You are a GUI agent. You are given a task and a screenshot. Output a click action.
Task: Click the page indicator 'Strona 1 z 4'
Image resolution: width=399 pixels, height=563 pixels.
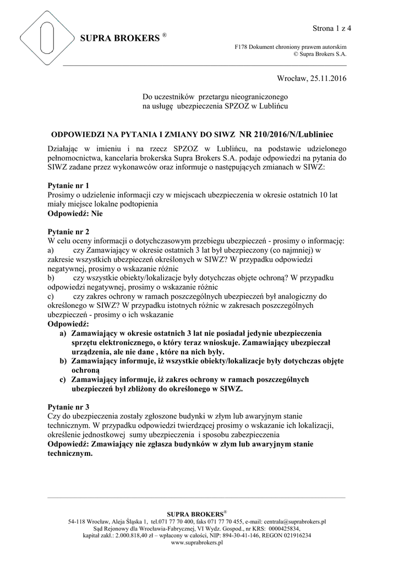[332, 28]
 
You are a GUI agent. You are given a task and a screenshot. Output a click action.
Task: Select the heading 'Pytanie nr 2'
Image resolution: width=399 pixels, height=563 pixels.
[69, 232]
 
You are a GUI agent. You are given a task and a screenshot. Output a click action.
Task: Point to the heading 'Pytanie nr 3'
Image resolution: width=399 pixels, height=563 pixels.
[69, 407]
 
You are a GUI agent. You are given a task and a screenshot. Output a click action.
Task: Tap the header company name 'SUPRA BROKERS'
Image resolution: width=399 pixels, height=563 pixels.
[119, 38]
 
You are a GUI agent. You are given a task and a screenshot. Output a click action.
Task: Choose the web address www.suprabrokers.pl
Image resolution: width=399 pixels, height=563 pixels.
[197, 542]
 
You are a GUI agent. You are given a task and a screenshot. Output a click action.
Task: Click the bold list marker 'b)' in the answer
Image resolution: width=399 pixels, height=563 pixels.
[63, 361]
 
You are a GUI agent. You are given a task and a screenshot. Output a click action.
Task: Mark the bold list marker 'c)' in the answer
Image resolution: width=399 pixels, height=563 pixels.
[63, 379]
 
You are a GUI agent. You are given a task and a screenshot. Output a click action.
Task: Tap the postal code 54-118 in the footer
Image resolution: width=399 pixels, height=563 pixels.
[77, 521]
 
